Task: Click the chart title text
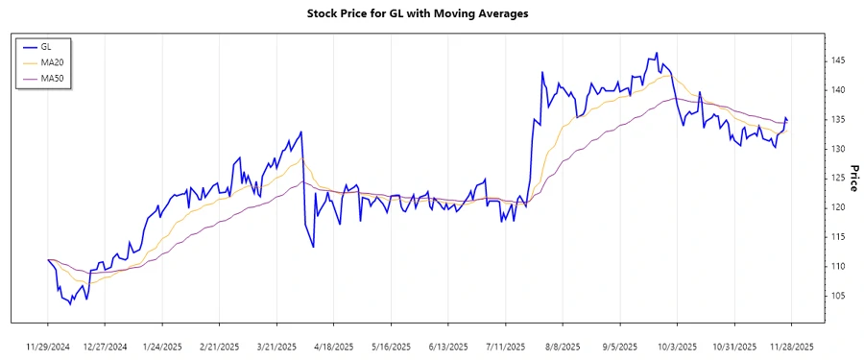click(418, 13)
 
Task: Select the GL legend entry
click(46, 46)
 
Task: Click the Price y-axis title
click(853, 178)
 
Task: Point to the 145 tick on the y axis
click(837, 60)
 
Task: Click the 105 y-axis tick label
click(837, 295)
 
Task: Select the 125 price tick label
click(837, 178)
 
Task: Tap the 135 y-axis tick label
click(837, 119)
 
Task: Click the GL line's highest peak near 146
click(657, 53)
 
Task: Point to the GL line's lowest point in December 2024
click(71, 304)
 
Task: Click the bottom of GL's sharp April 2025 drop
click(313, 247)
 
